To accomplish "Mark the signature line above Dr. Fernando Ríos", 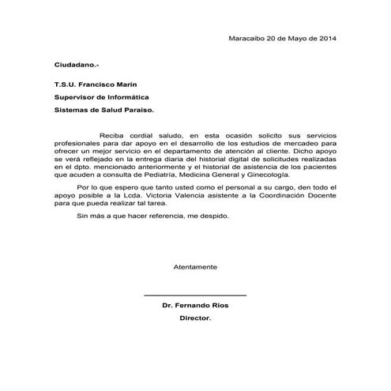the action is (195, 295).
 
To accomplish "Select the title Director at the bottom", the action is (195, 318).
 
